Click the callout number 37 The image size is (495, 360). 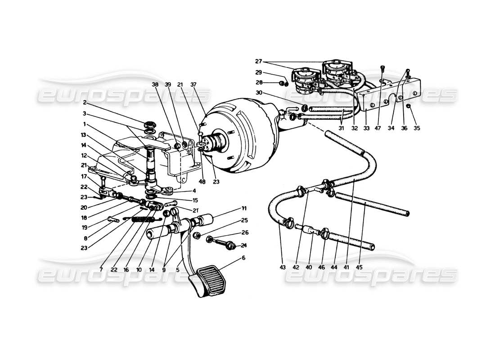[206, 84]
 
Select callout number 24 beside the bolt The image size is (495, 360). [244, 245]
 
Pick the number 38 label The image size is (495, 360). [168, 84]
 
